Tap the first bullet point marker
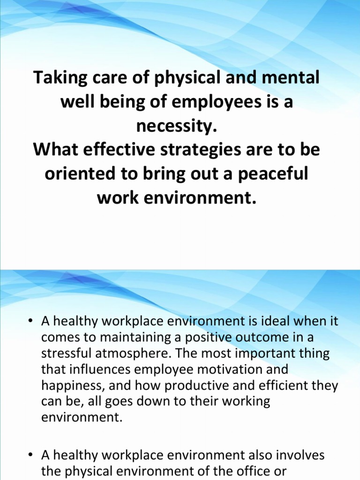[x=30, y=322]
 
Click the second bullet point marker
[x=30, y=455]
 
